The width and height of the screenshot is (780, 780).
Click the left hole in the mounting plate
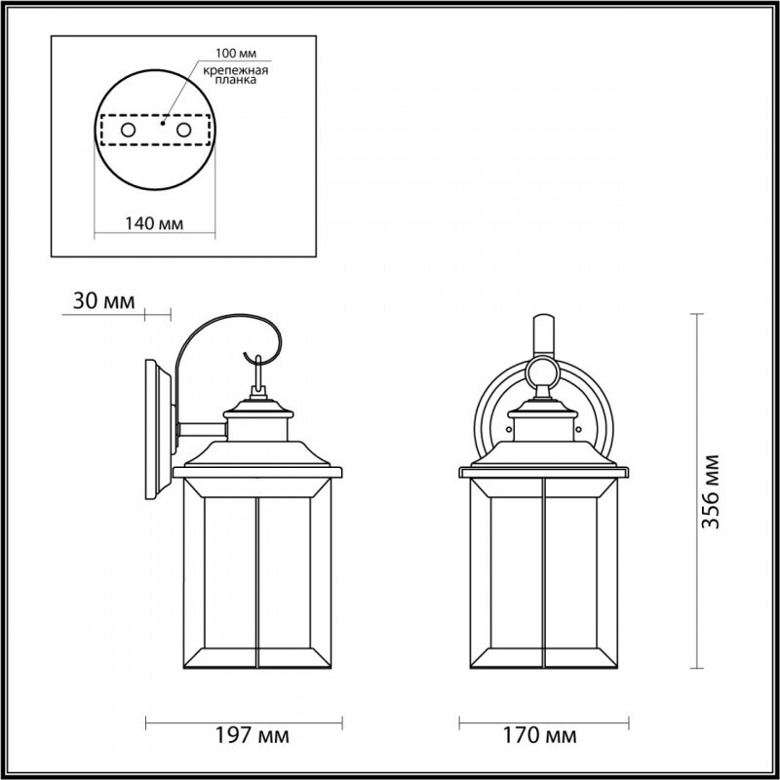127,129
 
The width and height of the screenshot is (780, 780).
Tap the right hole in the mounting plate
182,129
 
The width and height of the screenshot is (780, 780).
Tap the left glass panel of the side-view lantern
218,575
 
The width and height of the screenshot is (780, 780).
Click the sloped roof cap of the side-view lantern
259,452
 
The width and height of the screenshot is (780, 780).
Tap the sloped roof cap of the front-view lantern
544,452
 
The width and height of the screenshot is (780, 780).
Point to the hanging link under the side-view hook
258,376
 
